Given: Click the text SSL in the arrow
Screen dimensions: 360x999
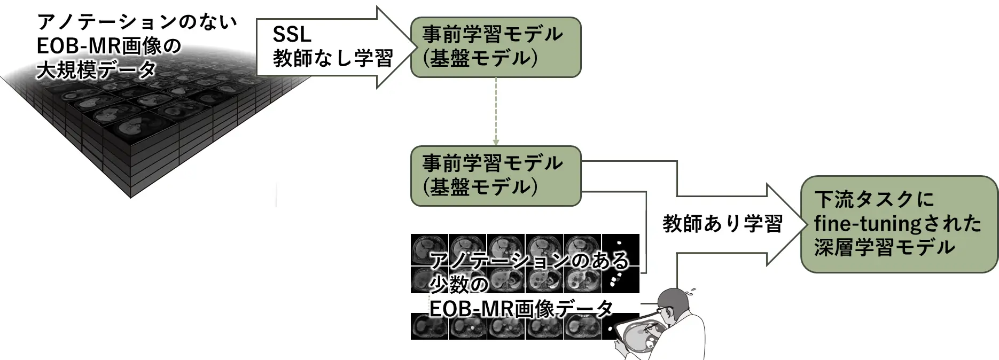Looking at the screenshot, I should coord(292,35).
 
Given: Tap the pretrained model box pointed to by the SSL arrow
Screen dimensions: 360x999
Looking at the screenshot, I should coord(495,47).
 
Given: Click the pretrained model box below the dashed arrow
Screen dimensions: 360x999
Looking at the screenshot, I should coord(495,176).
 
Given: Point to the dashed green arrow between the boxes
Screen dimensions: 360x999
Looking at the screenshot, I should coord(496,112).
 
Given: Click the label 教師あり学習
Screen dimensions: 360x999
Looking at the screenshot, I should coord(722,224).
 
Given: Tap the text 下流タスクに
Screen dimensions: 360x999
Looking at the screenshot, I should coord(874,200).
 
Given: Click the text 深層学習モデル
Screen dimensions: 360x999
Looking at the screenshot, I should coord(885,247).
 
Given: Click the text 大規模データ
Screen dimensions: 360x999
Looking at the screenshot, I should coord(97,70).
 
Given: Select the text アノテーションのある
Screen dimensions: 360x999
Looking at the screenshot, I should coord(529,261).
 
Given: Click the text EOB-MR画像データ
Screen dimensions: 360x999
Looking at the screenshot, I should coord(521,309).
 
